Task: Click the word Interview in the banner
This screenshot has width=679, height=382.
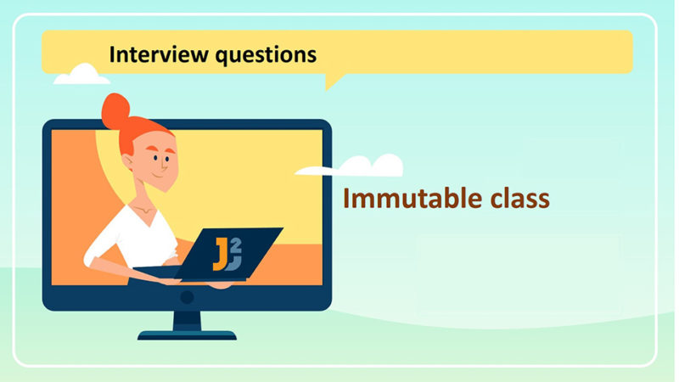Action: coord(154,54)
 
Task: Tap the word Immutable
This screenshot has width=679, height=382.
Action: coord(407,199)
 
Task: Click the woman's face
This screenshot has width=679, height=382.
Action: coord(154,161)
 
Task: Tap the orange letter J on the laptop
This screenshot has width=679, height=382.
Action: coord(220,254)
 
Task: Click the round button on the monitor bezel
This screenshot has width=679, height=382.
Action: coord(187,297)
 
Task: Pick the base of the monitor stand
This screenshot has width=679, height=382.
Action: coord(187,334)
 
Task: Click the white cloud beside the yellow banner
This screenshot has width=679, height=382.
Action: coord(81,76)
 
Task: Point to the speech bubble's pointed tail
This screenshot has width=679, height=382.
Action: coord(331,82)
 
